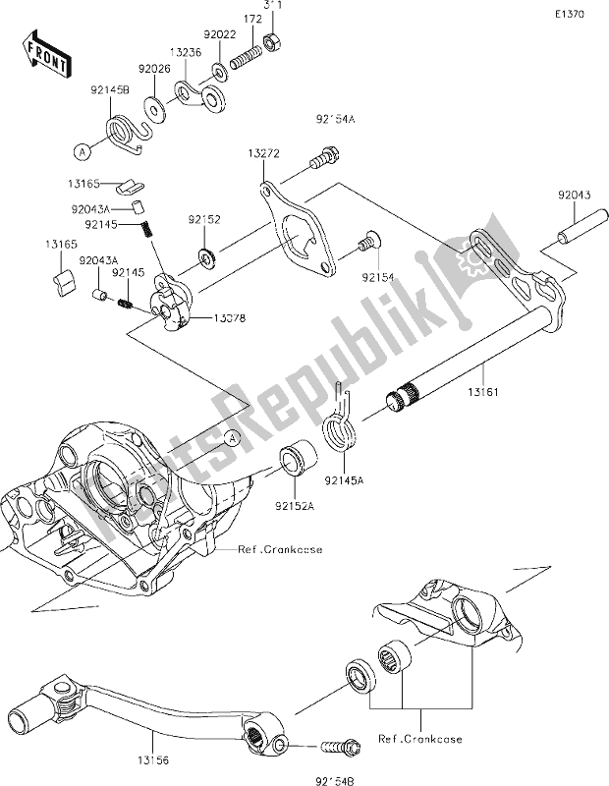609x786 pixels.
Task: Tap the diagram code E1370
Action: point(567,17)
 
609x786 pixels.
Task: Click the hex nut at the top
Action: point(277,40)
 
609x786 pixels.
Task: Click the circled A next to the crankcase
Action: point(231,438)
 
